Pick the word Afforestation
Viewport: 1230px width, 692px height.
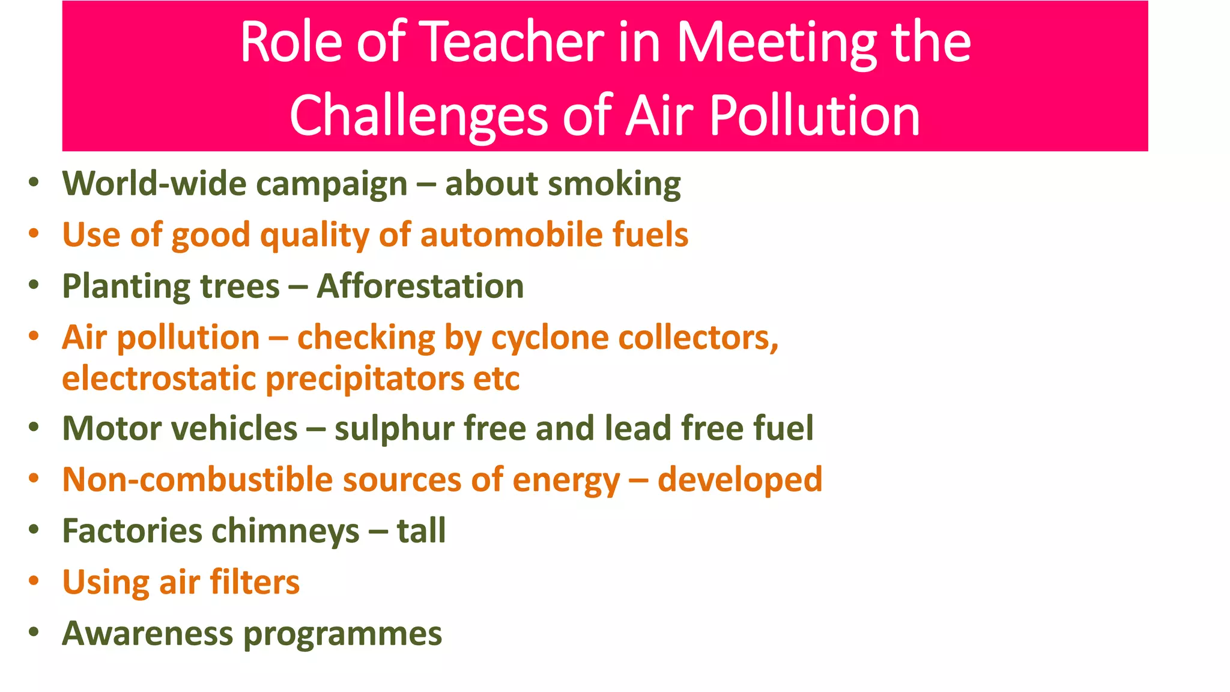(420, 286)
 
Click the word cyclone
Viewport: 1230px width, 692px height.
(550, 338)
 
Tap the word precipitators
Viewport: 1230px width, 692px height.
(365, 380)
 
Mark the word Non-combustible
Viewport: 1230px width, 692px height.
(198, 480)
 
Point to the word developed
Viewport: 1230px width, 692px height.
(740, 481)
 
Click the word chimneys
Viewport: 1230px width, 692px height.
(285, 532)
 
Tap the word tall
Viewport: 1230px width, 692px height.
(422, 531)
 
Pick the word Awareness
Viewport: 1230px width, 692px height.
(148, 634)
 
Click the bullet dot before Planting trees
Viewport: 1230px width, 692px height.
(34, 284)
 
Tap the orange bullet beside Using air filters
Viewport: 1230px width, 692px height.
(34, 581)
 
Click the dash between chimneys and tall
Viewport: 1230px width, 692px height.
(378, 532)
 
